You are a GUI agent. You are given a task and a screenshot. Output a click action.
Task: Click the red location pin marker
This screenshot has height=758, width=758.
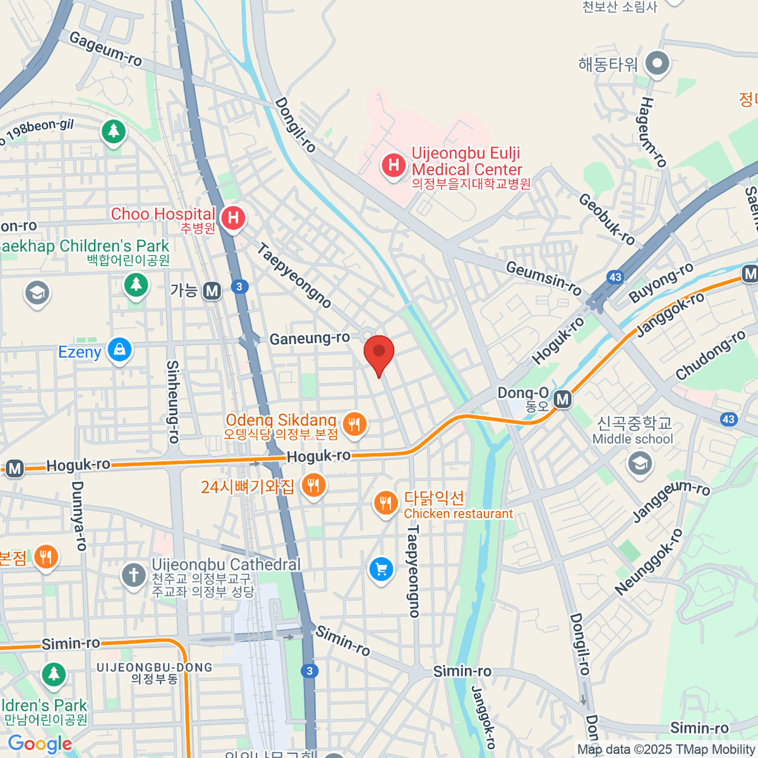pyautogui.click(x=379, y=352)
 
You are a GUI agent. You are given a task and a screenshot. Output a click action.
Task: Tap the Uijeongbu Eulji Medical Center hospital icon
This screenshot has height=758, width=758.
pyautogui.click(x=394, y=166)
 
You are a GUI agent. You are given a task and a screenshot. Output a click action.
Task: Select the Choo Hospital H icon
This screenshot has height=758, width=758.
pyautogui.click(x=233, y=219)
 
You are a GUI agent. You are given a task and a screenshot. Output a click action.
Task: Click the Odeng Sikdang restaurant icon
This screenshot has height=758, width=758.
pyautogui.click(x=354, y=424)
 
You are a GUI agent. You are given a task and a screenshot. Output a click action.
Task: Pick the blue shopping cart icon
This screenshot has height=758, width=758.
pyautogui.click(x=381, y=570)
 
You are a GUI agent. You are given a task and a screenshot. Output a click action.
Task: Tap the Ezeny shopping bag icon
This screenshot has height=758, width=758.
pyautogui.click(x=119, y=349)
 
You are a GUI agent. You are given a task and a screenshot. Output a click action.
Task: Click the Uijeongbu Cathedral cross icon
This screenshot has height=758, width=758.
pyautogui.click(x=133, y=575)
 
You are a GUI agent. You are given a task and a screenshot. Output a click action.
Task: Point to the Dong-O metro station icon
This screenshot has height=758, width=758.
pyautogui.click(x=562, y=399)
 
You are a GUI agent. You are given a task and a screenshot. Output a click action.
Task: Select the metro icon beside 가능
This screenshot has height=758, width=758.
pyautogui.click(x=212, y=291)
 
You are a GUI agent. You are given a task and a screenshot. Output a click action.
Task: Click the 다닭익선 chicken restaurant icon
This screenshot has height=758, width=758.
pyautogui.click(x=385, y=503)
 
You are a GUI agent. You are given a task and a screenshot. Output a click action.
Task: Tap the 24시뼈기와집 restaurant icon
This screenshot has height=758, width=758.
pyautogui.click(x=313, y=486)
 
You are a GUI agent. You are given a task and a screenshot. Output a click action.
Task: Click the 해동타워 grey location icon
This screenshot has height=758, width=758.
pyautogui.click(x=658, y=63)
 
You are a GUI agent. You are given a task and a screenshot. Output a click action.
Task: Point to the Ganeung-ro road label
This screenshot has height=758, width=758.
pyautogui.click(x=310, y=339)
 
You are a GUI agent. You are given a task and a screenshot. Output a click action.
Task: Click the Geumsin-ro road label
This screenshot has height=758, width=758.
pyautogui.click(x=544, y=278)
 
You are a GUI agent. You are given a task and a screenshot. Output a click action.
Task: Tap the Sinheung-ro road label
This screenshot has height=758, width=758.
pyautogui.click(x=173, y=402)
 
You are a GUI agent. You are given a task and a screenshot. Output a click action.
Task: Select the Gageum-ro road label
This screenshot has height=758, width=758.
pyautogui.click(x=105, y=49)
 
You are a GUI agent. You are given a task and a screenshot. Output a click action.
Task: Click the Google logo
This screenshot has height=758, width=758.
pyautogui.click(x=40, y=744)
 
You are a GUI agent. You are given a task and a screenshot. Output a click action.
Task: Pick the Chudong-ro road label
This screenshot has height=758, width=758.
pyautogui.click(x=711, y=356)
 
